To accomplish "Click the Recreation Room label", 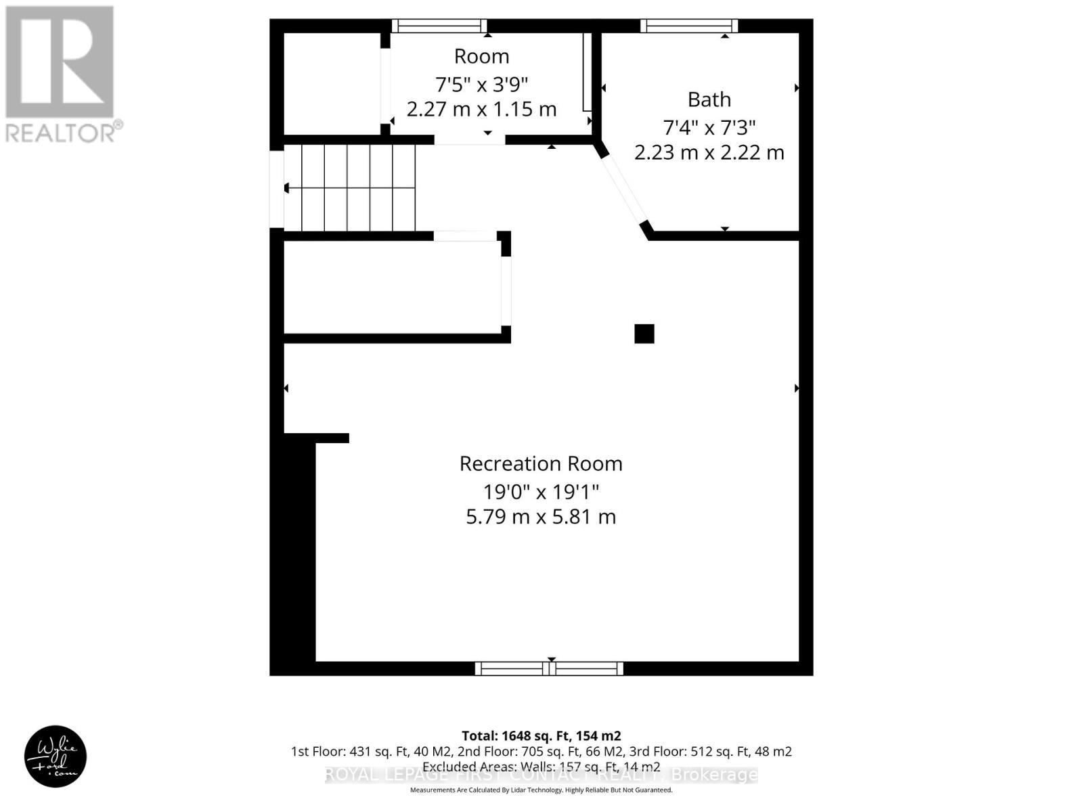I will (541, 464).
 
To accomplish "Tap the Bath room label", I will (709, 99).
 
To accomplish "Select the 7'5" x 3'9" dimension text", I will (481, 85).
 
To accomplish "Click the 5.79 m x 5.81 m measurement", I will (541, 517).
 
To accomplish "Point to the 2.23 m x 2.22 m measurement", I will (709, 152).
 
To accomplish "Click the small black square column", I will (644, 334).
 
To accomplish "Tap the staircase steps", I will (349, 188).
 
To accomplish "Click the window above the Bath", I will (689, 26).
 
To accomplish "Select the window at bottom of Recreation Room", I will (549, 669).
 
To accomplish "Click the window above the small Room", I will (439, 26).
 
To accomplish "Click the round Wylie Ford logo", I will (56, 757).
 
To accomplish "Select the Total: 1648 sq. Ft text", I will (541, 736).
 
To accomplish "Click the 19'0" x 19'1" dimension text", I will (541, 491).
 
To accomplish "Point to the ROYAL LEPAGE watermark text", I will (541, 775).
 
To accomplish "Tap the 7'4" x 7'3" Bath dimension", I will (709, 127).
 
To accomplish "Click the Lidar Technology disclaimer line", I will (541, 790).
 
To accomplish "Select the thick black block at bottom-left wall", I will (293, 548).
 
